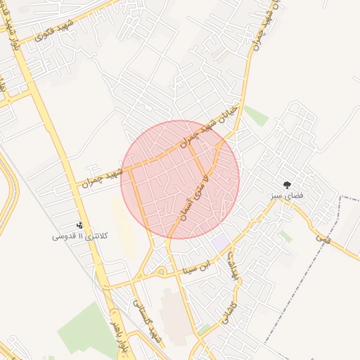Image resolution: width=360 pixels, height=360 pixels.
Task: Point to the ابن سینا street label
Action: (196, 266)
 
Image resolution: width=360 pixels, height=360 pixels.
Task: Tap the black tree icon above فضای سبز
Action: (287, 184)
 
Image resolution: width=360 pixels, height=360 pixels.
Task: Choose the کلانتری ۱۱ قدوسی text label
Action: (79, 237)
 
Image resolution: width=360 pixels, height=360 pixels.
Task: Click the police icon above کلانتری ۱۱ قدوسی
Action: (79, 226)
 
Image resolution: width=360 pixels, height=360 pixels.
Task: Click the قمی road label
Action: (323, 240)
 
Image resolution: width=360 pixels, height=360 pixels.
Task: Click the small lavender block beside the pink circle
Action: (220, 241)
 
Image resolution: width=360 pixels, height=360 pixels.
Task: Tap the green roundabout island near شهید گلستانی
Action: (162, 271)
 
